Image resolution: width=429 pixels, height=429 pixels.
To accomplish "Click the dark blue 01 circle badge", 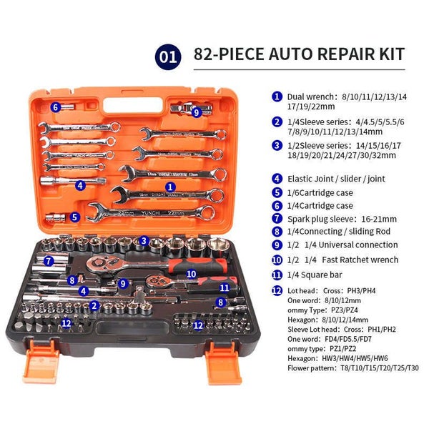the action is point(168,57).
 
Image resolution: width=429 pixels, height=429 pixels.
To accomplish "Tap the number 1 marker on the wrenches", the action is point(170,187).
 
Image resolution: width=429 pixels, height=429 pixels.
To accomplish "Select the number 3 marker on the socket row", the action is point(144,241).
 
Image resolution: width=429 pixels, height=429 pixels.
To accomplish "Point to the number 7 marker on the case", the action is point(49,261).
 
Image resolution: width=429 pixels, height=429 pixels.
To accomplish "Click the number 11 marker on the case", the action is point(225,287).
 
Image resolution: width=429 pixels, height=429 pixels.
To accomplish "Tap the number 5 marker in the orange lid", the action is point(74,217).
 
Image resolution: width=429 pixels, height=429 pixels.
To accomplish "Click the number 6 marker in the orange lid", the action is point(56,107).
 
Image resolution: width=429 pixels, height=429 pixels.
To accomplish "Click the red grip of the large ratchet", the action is point(197,265).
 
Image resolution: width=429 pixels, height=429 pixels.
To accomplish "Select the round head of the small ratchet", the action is point(154,281).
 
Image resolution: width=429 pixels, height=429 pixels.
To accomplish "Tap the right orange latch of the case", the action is point(222,363).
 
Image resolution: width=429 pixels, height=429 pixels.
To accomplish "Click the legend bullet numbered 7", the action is point(277,218).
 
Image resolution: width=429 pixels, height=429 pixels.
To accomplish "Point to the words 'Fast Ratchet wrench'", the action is point(360,260).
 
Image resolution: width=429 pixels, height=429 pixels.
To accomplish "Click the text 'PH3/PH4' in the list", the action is point(361,290).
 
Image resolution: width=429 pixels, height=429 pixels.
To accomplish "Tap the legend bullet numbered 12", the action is point(277,290).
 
